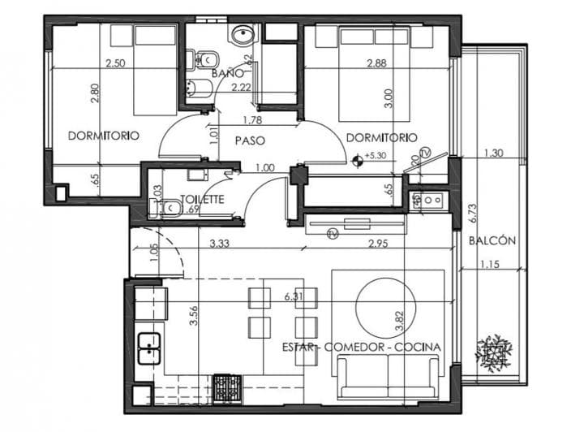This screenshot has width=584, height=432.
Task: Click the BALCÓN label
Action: coord(492,240)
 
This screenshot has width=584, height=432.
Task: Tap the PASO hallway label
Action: coord(251,140)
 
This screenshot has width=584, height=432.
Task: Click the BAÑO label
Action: coord(224,74)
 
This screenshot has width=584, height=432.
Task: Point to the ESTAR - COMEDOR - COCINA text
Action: coord(362,347)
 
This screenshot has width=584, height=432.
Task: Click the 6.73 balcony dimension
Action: coord(474,212)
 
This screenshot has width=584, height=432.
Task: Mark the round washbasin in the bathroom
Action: coord(241,34)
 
